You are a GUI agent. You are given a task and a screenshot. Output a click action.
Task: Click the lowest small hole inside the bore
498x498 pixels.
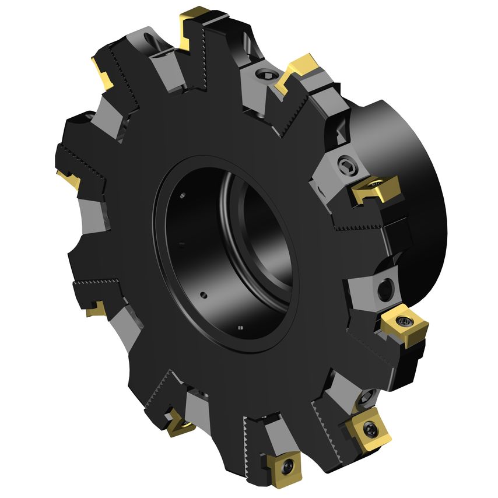point(240,327)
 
